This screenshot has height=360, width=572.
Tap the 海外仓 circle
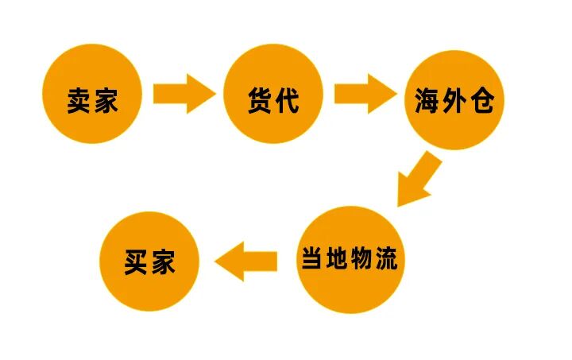click(455, 101)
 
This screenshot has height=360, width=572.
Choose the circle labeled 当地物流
click(350, 259)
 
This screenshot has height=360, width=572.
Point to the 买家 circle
click(149, 261)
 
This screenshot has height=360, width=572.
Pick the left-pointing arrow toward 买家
click(245, 261)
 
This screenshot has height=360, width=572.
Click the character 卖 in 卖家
click(79, 101)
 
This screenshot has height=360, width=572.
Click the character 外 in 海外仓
click(455, 102)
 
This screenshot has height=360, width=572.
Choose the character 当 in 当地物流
click(312, 258)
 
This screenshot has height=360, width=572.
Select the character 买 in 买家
click(137, 263)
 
